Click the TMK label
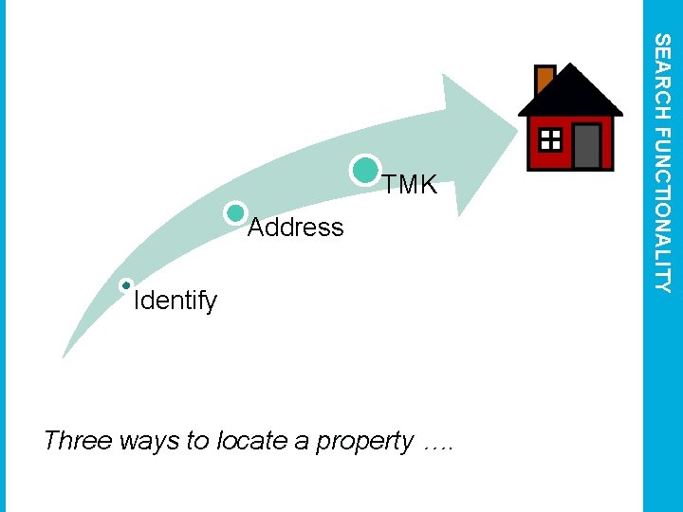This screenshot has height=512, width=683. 410,186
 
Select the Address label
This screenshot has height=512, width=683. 295,228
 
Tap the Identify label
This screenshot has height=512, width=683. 175,302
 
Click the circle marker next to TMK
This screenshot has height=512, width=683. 365,170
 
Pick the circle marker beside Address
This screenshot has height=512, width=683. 236,213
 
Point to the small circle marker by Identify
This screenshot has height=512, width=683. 126,285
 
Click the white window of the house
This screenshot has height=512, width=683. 550,141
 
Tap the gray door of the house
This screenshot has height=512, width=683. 586,146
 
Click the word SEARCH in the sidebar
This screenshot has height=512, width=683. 664,76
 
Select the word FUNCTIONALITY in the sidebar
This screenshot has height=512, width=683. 664,209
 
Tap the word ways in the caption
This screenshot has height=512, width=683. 139,442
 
